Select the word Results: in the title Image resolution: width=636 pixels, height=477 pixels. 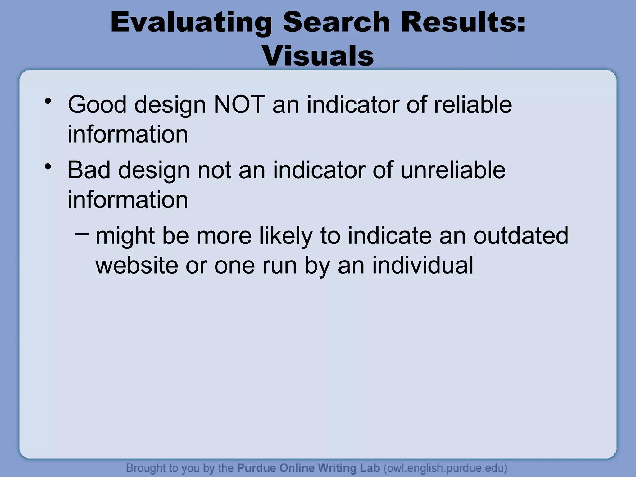[x=463, y=22]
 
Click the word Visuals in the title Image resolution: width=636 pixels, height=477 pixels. [x=318, y=56]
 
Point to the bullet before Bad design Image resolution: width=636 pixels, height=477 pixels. [x=48, y=167]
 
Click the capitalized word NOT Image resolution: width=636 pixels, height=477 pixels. [x=239, y=105]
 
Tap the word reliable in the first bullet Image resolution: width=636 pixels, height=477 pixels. [x=473, y=105]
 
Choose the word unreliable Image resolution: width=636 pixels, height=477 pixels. [x=453, y=170]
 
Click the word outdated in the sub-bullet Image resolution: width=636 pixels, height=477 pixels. [x=521, y=236]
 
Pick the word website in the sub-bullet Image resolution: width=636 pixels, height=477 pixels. [x=137, y=265]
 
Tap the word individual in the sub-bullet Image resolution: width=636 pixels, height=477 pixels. [x=423, y=265]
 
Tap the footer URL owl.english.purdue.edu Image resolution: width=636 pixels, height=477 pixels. [x=445, y=468]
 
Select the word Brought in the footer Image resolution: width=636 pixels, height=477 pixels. [x=146, y=468]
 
